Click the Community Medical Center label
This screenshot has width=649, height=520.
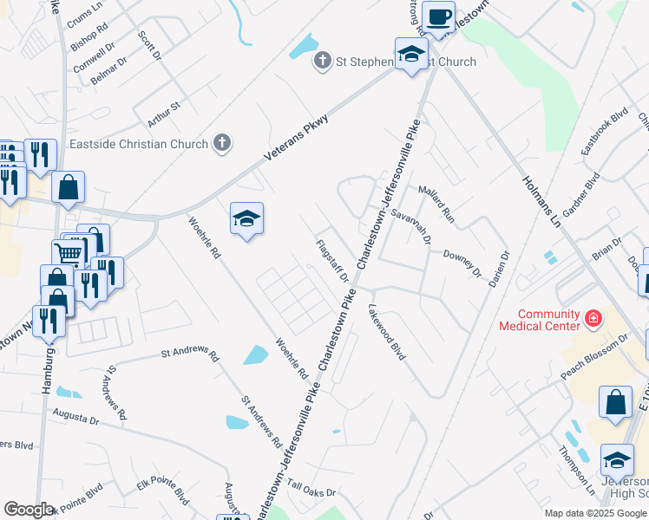coord(538,320)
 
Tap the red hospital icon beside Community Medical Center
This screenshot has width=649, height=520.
coord(593,320)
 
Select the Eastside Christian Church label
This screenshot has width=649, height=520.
coord(138,145)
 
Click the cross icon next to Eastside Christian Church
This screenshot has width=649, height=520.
coord(222,144)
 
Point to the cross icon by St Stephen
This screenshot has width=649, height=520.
coord(323,61)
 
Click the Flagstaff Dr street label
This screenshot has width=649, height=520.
coord(331,261)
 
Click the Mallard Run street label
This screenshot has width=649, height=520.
coord(436,203)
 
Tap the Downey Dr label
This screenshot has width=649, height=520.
coord(462,263)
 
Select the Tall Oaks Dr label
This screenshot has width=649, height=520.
coord(311,491)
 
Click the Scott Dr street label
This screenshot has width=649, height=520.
coord(150,46)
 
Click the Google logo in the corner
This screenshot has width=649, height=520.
coord(29,510)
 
